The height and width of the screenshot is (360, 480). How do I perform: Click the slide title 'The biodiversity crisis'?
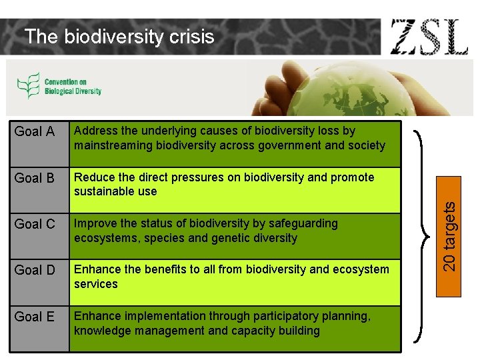click(119, 37)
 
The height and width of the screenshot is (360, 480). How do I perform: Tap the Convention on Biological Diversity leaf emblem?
click(28, 86)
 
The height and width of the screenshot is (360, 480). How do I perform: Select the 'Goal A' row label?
click(35, 132)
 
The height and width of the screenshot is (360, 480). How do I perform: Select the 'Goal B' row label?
click(35, 178)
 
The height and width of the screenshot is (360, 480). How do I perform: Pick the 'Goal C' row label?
click(35, 224)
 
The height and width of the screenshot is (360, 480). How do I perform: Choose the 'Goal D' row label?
click(35, 270)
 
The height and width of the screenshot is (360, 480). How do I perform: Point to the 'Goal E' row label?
click(35, 317)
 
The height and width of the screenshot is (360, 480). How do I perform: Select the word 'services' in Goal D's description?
click(96, 284)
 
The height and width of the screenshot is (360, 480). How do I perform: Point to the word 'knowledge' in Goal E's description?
click(101, 331)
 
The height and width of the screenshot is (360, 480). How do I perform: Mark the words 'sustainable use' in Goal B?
click(115, 191)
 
